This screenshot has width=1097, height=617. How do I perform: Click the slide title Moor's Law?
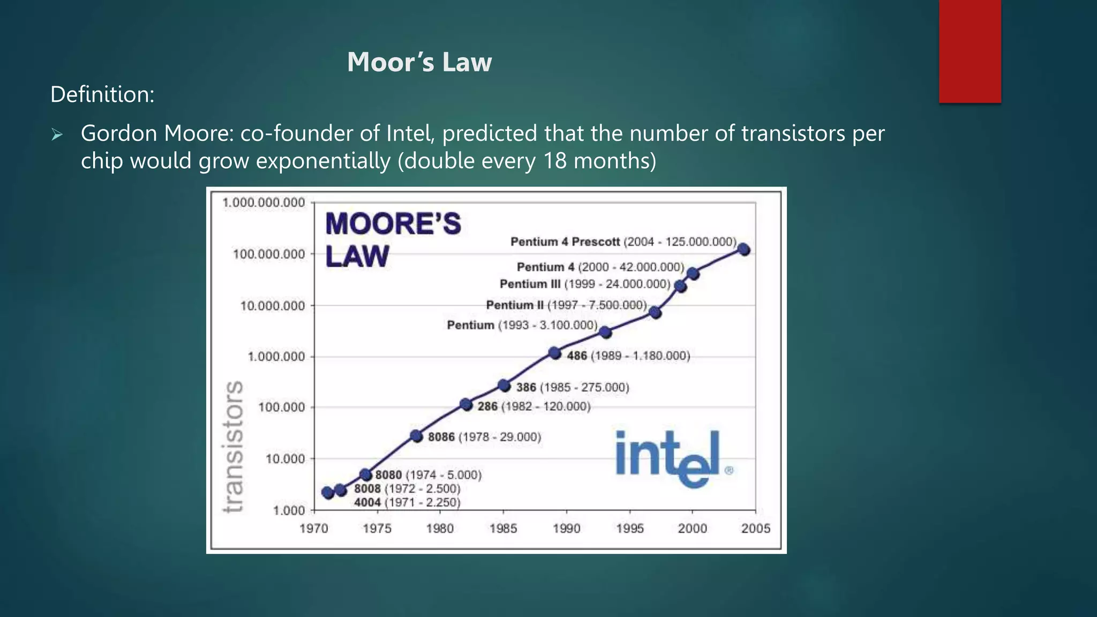(x=419, y=62)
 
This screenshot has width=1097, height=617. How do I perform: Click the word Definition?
(x=102, y=95)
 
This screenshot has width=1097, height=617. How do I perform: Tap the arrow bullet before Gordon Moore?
(x=57, y=134)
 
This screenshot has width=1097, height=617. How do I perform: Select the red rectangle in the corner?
(x=970, y=51)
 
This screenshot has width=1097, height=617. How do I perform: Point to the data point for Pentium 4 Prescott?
(x=743, y=250)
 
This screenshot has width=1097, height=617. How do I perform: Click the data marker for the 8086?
(x=417, y=436)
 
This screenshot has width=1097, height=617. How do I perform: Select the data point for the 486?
(x=555, y=353)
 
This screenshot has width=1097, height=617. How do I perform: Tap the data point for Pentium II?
(x=655, y=312)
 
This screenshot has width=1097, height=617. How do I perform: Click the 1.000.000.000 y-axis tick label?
(x=264, y=203)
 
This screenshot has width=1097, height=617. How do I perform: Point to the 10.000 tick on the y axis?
(x=285, y=459)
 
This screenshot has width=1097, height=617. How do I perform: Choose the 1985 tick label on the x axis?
(x=503, y=529)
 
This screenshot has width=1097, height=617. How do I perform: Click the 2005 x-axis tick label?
(x=755, y=529)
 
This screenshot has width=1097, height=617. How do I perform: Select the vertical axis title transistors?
(x=234, y=446)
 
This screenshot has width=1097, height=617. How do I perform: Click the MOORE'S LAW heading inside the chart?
(x=392, y=239)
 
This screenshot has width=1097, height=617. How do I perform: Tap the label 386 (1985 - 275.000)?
(x=572, y=387)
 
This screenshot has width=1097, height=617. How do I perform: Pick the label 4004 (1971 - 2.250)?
(x=407, y=502)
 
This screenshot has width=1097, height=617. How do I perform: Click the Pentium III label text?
(x=584, y=284)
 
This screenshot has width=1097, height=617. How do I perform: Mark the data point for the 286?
(x=466, y=404)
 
